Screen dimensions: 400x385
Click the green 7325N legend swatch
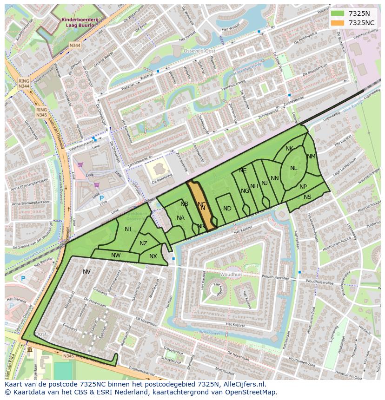pyautogui.click(x=338, y=13)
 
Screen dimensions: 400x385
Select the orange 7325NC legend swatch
pyautogui.click(x=338, y=23)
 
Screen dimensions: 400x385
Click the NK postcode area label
pyautogui.click(x=289, y=149)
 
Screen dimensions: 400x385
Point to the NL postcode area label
pyautogui.click(x=293, y=168)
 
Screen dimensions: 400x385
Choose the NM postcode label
pyautogui.click(x=311, y=157)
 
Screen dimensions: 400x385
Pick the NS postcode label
pyautogui.click(x=307, y=197)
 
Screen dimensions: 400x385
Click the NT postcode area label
pyautogui.click(x=128, y=229)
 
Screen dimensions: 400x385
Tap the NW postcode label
pyautogui.click(x=116, y=255)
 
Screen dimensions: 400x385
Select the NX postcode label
pyautogui.click(x=153, y=256)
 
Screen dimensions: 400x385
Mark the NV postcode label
pyautogui.click(x=86, y=272)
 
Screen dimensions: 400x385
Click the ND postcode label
pyautogui.click(x=227, y=209)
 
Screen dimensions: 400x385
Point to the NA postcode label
pyautogui.click(x=180, y=218)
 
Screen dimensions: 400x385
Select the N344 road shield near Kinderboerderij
pyautogui.click(x=74, y=45)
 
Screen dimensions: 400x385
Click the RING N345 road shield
pyautogui.click(x=41, y=112)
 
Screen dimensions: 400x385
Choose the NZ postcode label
pyautogui.click(x=143, y=243)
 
